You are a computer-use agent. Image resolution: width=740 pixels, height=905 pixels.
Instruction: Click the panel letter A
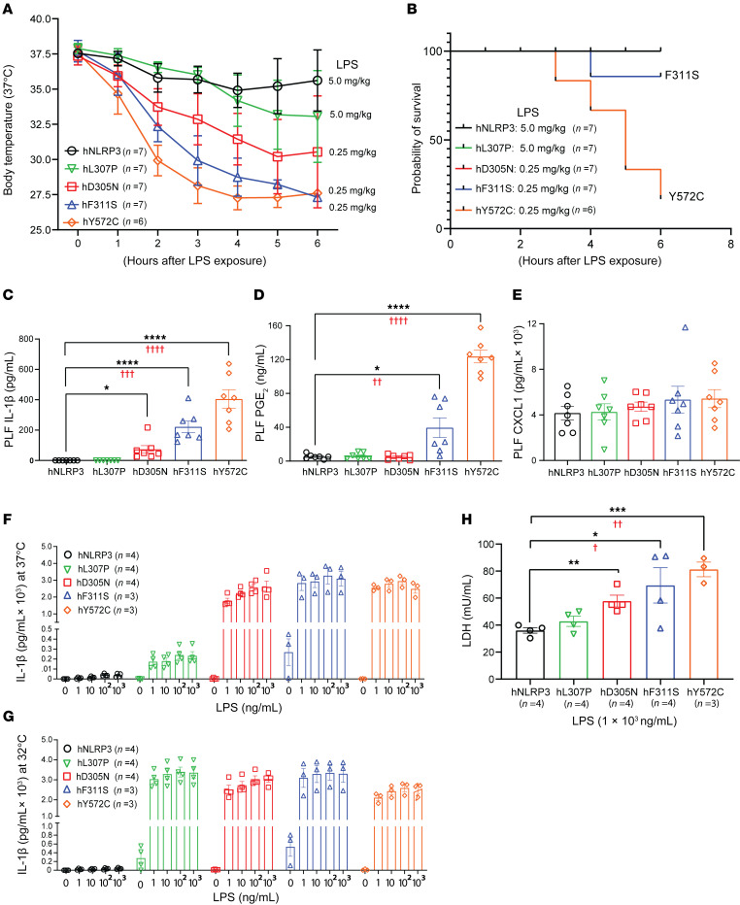click(9, 9)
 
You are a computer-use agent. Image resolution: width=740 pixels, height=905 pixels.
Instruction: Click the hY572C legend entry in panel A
click(106, 221)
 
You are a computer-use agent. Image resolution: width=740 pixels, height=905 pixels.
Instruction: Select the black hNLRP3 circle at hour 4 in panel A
click(237, 90)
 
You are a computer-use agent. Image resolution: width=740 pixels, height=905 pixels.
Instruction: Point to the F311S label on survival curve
click(682, 75)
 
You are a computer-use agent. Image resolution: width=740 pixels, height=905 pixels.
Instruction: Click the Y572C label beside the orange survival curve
click(687, 196)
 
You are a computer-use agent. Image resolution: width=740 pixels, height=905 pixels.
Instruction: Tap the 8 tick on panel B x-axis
click(730, 244)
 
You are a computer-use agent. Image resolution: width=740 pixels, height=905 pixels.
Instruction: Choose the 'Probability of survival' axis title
click(417, 139)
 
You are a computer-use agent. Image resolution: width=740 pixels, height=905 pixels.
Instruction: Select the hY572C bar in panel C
click(229, 430)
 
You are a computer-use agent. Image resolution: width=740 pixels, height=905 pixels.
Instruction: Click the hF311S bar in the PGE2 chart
click(440, 445)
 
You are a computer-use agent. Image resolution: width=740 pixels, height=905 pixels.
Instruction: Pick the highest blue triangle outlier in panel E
click(686, 327)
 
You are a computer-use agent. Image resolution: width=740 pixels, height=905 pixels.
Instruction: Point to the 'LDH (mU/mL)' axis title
click(467, 611)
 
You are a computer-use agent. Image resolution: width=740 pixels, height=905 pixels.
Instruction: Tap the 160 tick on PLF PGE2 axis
click(275, 326)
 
